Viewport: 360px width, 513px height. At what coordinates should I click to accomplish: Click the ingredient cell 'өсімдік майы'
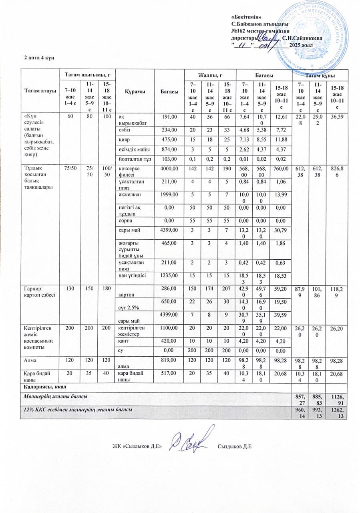[134, 149]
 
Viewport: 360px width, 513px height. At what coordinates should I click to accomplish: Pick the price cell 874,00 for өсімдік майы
[168, 149]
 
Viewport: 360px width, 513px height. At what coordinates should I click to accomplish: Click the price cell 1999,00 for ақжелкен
[168, 194]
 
